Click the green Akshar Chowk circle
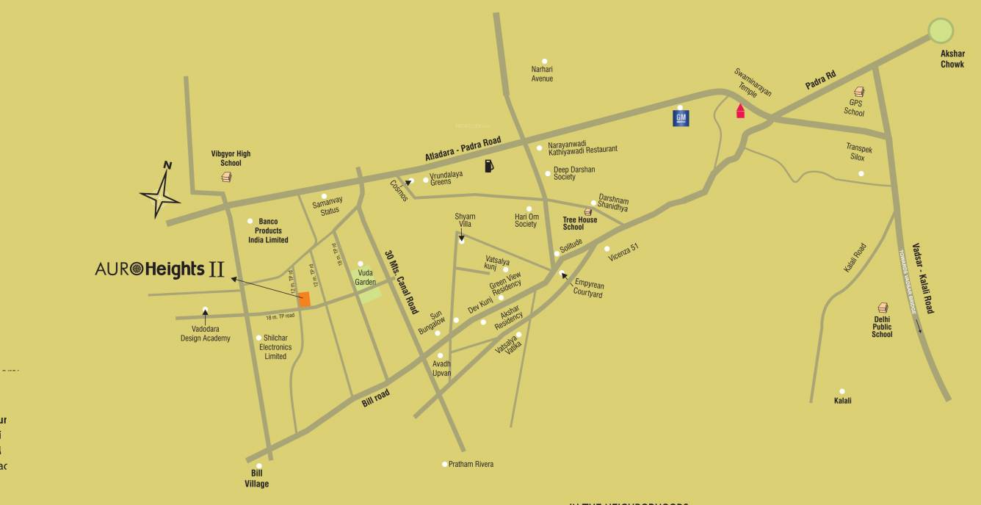[941, 31]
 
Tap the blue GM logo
[681, 117]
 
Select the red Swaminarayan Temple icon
[740, 111]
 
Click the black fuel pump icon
[489, 166]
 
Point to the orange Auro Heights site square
[304, 299]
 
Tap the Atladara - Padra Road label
[463, 149]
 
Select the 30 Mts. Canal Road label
[401, 281]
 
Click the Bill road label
[376, 398]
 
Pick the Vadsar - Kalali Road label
[922, 278]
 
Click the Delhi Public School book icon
[883, 308]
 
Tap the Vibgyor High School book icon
[226, 177]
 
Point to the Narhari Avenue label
[542, 74]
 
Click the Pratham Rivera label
[471, 464]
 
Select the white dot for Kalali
[842, 391]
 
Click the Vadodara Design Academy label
[206, 334]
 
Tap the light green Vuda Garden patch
[370, 295]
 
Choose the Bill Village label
[257, 479]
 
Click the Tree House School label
[580, 223]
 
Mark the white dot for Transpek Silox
[861, 174]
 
